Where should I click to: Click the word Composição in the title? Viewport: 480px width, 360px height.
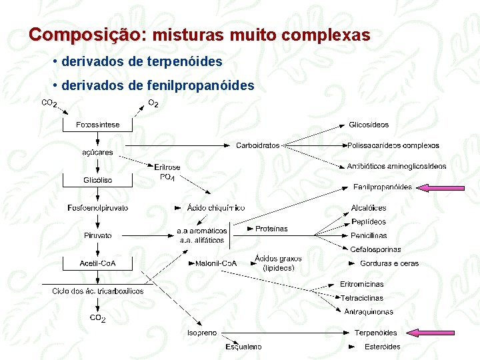pyautogui.click(x=85, y=35)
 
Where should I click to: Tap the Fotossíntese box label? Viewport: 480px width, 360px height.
pyautogui.click(x=98, y=125)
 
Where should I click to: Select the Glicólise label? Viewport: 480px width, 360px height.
pyautogui.click(x=98, y=180)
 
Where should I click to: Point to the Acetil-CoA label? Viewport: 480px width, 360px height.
pyautogui.click(x=98, y=263)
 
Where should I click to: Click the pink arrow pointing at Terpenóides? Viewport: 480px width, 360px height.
pyautogui.click(x=432, y=333)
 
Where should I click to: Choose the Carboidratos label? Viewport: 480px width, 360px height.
pyautogui.click(x=258, y=145)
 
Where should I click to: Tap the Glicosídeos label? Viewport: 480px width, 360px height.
pyautogui.click(x=369, y=125)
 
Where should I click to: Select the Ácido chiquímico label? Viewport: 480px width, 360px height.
pyautogui.click(x=216, y=208)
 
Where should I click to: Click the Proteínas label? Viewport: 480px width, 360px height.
pyautogui.click(x=271, y=229)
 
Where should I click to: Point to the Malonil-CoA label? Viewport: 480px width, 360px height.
pyautogui.click(x=216, y=263)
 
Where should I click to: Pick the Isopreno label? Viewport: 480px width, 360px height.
pyautogui.click(x=201, y=333)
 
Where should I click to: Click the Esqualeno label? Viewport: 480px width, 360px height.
pyautogui.click(x=243, y=347)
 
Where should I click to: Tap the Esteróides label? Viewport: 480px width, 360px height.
pyautogui.click(x=383, y=347)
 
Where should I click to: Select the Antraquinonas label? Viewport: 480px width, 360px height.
pyautogui.click(x=369, y=312)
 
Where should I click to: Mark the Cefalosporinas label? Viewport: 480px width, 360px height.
pyautogui.click(x=376, y=249)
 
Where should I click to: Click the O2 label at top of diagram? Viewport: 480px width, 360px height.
pyautogui.click(x=153, y=103)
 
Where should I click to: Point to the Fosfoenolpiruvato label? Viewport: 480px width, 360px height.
pyautogui.click(x=98, y=208)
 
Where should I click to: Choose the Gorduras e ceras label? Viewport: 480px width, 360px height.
pyautogui.click(x=389, y=263)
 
